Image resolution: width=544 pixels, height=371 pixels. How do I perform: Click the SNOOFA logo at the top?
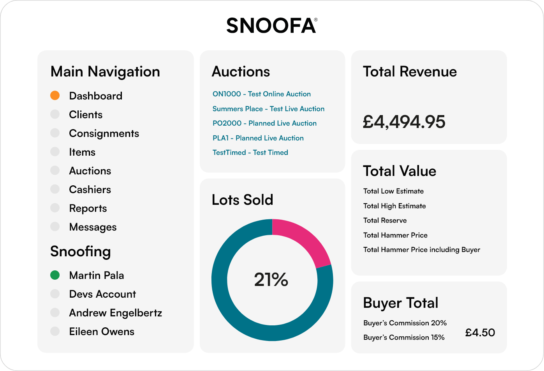point(271,26)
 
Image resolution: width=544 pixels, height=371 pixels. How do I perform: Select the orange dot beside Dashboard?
point(55,96)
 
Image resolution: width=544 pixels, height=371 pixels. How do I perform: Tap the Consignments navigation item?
point(104,133)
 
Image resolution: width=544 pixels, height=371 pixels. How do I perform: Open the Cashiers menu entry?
point(90,190)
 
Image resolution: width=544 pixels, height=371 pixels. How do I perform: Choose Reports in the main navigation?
point(88,208)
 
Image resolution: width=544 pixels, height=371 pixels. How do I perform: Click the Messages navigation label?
point(93,227)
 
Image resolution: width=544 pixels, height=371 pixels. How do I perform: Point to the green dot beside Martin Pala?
point(55,275)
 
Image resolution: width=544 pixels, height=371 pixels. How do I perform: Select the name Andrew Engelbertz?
point(116,313)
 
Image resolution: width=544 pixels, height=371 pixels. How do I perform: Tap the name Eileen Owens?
point(102,332)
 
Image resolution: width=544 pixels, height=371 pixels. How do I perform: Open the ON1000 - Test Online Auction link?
point(262,94)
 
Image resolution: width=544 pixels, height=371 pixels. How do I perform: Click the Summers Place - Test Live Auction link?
point(268,109)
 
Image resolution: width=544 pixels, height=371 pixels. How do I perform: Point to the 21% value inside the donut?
point(271,280)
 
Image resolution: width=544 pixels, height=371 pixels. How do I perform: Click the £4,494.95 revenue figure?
point(404,122)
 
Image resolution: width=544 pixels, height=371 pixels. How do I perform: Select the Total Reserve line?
point(385,220)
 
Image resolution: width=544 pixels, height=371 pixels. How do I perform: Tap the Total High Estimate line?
point(394,206)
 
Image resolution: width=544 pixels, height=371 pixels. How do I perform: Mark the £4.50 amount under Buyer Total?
point(480,333)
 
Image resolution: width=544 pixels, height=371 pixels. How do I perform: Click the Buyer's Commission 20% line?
point(405,323)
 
